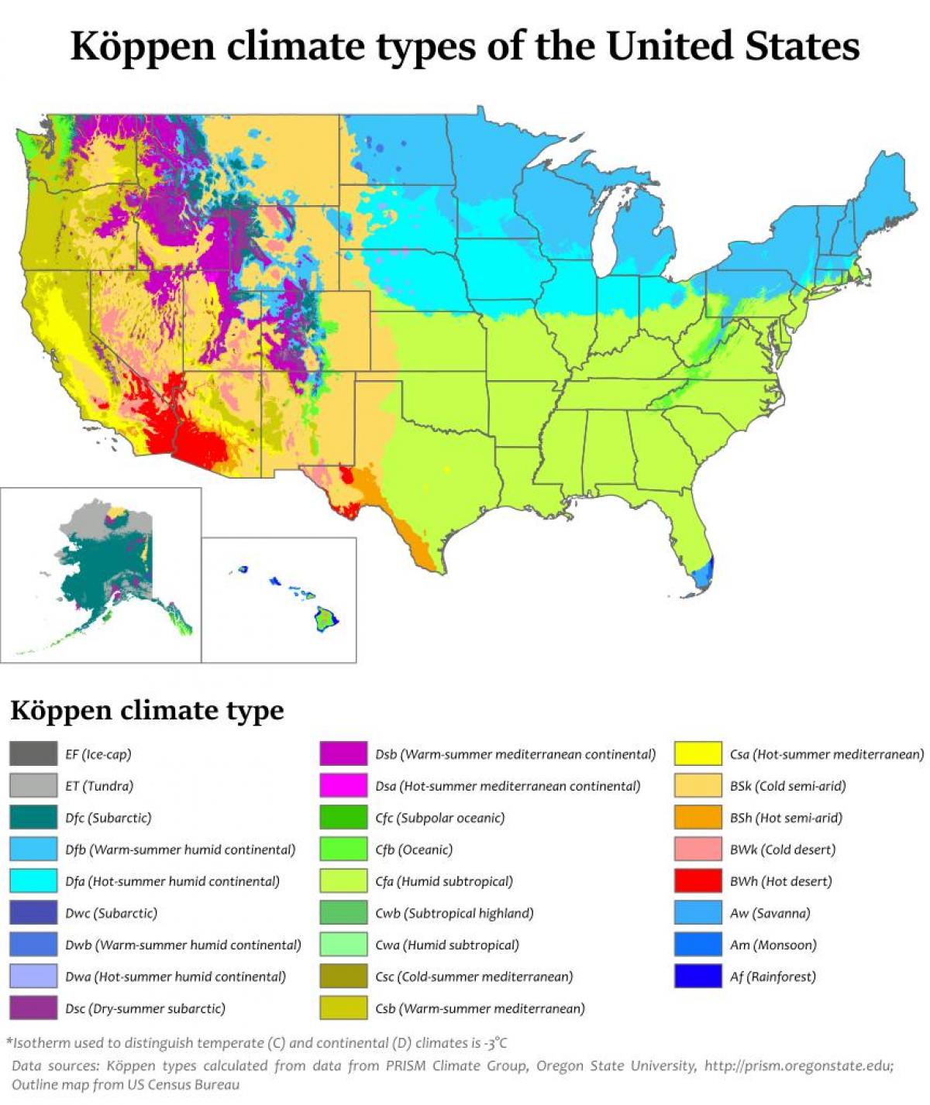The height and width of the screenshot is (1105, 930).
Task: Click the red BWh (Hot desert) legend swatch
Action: point(697,881)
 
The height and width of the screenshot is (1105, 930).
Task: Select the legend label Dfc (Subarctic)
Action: point(108,818)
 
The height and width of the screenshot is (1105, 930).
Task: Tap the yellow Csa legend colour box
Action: point(697,754)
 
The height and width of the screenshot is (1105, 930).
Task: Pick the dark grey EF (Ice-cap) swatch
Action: point(33,754)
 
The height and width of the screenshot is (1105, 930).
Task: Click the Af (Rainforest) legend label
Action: point(773,976)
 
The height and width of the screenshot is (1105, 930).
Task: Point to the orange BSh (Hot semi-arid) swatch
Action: point(697,818)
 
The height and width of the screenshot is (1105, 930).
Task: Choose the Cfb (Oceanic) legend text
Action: point(413,849)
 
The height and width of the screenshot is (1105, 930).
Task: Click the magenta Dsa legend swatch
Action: point(343,786)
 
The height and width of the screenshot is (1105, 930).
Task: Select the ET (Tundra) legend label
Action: point(99,786)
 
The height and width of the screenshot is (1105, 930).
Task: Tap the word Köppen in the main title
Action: point(143,46)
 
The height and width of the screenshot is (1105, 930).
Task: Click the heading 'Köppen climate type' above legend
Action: point(146,710)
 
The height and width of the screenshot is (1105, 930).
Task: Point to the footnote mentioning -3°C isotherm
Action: point(257,1043)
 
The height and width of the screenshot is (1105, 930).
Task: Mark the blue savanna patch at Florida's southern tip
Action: point(702,575)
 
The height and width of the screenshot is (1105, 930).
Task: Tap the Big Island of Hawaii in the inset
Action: point(326,619)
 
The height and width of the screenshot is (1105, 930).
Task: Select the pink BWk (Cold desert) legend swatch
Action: point(697,849)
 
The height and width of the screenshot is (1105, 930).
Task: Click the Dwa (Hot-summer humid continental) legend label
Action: point(175,976)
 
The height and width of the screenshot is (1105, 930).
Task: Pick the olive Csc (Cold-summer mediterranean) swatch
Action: point(343,976)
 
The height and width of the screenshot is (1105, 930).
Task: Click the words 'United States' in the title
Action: point(732,46)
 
